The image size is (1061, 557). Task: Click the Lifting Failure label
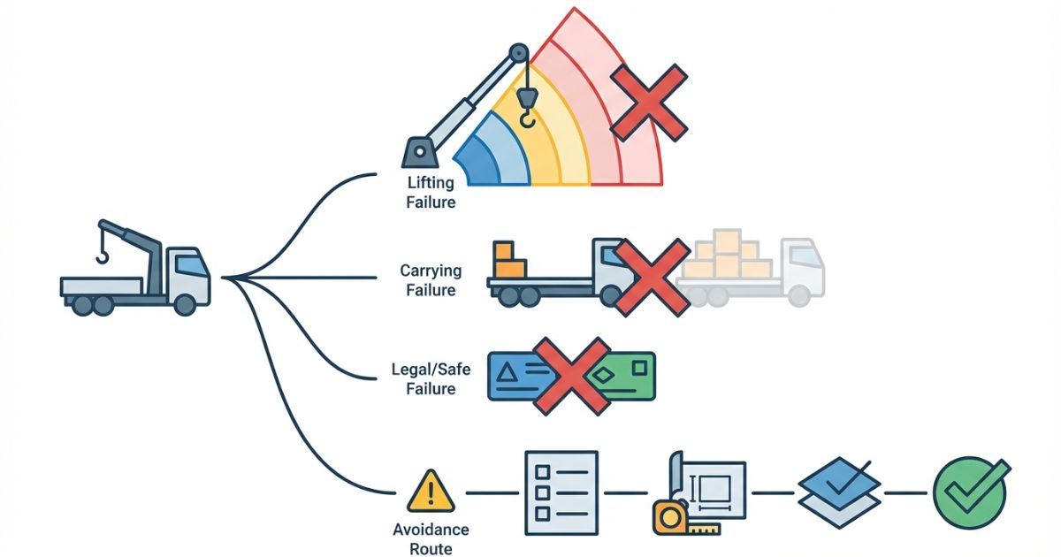(431, 192)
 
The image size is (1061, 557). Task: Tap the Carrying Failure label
(428, 279)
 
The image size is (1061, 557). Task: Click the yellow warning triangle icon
(431, 492)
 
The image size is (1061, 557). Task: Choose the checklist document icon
(561, 492)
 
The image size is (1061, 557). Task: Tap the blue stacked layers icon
(839, 492)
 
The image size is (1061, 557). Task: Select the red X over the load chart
(649, 102)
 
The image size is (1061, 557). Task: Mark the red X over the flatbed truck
(652, 277)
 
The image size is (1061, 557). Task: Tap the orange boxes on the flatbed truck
(509, 261)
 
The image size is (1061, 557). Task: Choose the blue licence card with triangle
(517, 376)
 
